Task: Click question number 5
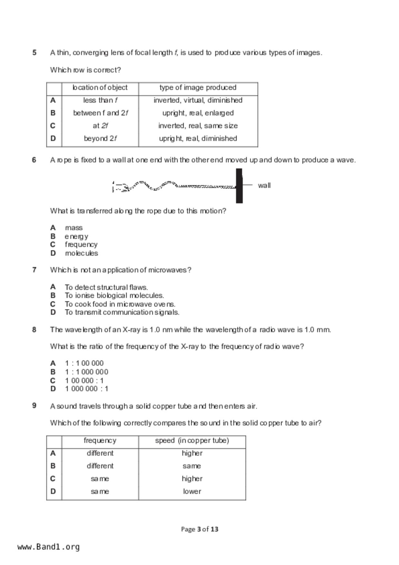click(x=34, y=53)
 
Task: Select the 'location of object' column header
click(x=100, y=88)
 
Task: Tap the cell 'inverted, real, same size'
click(x=198, y=126)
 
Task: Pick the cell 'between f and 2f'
click(x=100, y=113)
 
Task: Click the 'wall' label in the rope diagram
click(x=264, y=186)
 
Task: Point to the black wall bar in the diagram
click(x=239, y=186)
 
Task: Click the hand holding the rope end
click(x=120, y=187)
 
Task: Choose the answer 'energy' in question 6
click(x=76, y=236)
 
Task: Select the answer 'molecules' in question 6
click(x=81, y=253)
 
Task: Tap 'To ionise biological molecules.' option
click(x=114, y=295)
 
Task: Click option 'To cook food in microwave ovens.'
click(x=120, y=304)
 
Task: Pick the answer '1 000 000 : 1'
click(x=87, y=389)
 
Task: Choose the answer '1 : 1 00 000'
click(x=84, y=363)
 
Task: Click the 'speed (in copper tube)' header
click(x=192, y=440)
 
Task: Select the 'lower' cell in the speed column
click(x=192, y=492)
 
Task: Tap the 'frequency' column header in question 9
click(x=100, y=440)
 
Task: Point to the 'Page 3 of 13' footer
click(x=200, y=529)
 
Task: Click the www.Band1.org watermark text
click(x=49, y=547)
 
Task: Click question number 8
click(x=34, y=330)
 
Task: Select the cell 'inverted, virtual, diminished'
click(x=198, y=100)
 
